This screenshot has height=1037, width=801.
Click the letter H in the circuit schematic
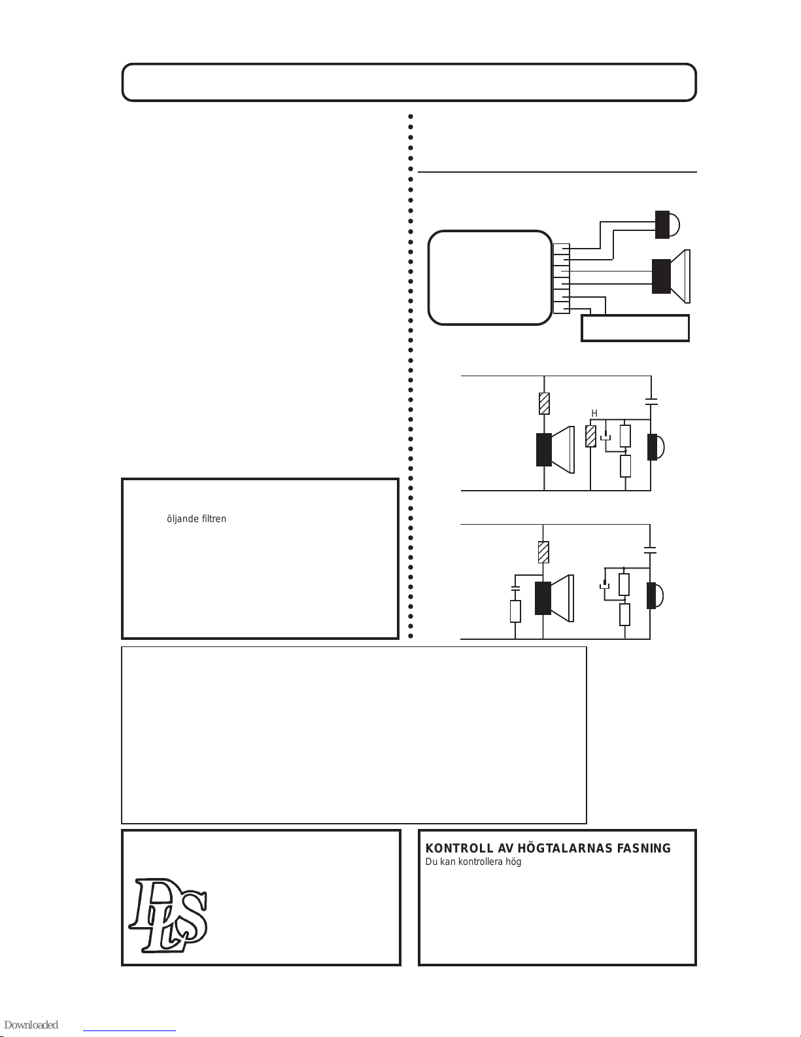(594, 413)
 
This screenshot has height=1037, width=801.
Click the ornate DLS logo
(168, 916)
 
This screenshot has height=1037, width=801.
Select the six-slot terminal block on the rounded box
(561, 279)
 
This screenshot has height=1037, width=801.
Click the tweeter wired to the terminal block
(667, 224)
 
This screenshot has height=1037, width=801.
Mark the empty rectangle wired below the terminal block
(635, 328)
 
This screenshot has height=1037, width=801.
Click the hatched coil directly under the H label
(590, 436)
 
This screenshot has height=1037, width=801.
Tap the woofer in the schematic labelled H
(555, 449)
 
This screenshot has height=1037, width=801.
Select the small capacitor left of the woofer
(515, 588)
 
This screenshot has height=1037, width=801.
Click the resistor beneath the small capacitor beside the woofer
(515, 611)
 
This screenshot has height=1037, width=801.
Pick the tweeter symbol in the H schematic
(656, 447)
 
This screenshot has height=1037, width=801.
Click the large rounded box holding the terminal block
(490, 278)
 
